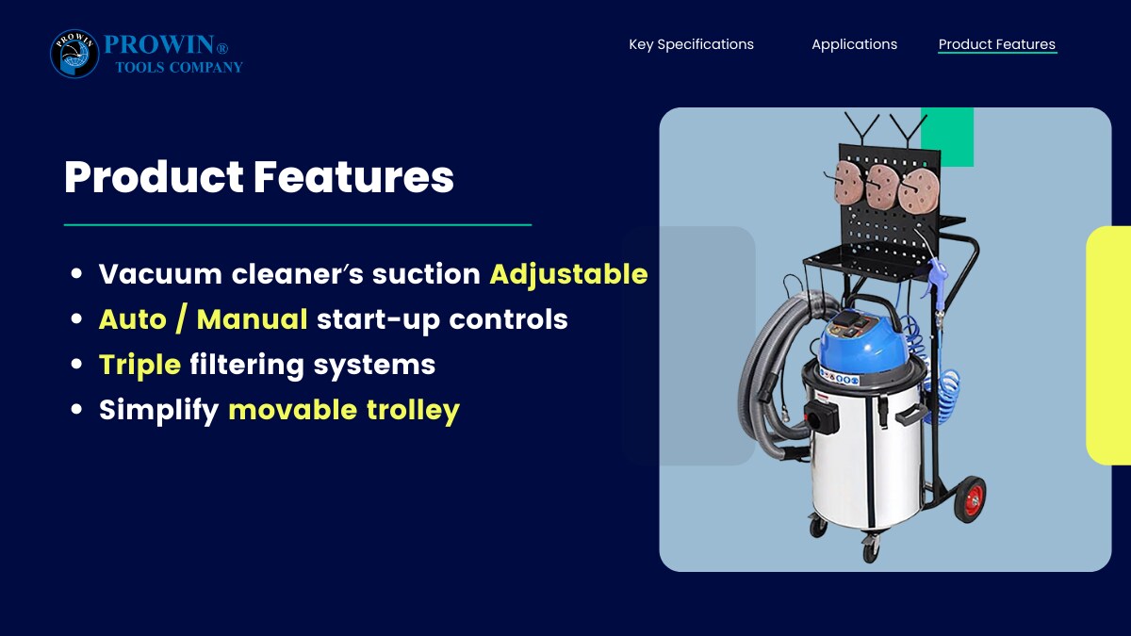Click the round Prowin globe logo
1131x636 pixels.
pos(74,54)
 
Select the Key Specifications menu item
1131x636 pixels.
pos(691,44)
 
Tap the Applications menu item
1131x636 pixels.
pos(854,44)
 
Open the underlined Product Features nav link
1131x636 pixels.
pos(997,44)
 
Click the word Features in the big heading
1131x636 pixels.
pos(353,177)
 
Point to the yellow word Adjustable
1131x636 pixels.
pos(568,275)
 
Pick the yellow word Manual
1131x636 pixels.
pos(252,319)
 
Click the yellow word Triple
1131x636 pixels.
pos(139,366)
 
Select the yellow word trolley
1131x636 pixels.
pos(413,411)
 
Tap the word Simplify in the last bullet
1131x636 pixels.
pos(159,411)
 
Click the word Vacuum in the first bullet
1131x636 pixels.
pos(160,274)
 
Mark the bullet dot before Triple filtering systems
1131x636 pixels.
pos(76,364)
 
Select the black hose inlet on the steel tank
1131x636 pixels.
pos(822,416)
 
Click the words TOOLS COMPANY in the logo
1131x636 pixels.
pos(179,68)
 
